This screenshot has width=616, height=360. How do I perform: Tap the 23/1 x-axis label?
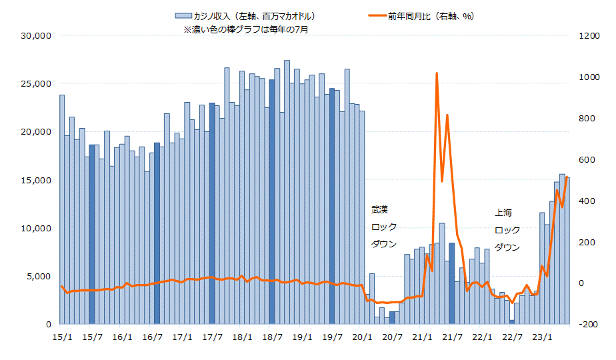click(545, 337)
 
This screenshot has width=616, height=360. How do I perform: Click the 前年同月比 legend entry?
click(430, 16)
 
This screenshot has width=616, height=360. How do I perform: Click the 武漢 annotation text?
click(379, 209)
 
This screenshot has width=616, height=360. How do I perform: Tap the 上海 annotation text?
click(503, 213)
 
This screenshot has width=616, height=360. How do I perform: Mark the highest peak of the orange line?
click(436, 73)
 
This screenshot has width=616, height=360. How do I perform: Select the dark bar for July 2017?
click(212, 213)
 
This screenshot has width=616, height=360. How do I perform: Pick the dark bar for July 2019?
click(332, 207)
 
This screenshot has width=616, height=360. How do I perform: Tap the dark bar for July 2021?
click(452, 283)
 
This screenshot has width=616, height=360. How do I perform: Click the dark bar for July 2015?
click(92, 233)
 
